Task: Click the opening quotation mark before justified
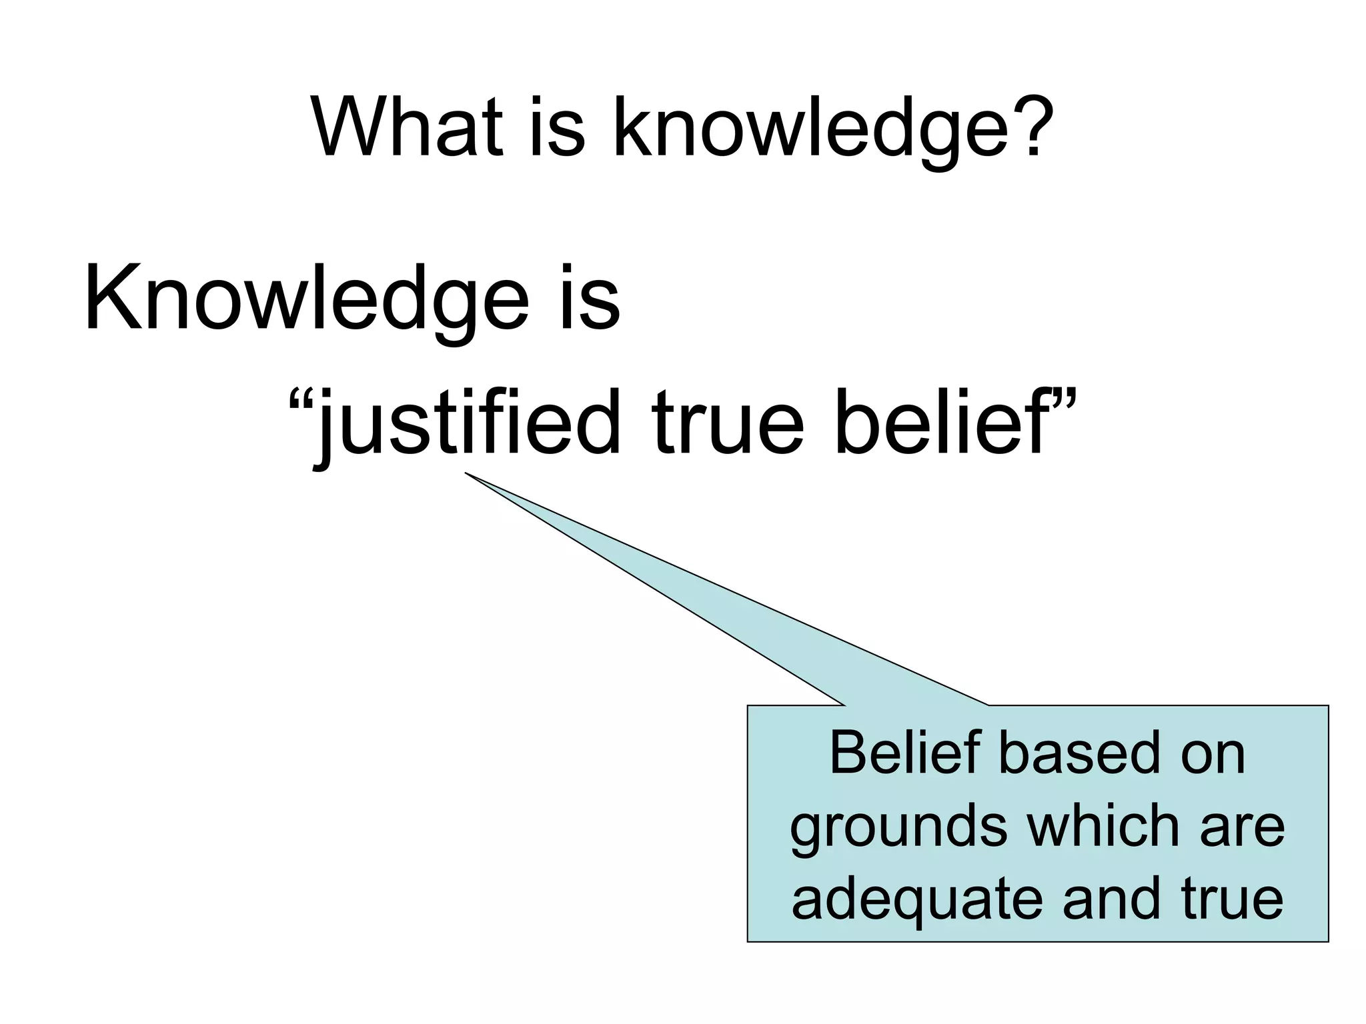point(300,404)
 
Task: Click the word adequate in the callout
point(915,901)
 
